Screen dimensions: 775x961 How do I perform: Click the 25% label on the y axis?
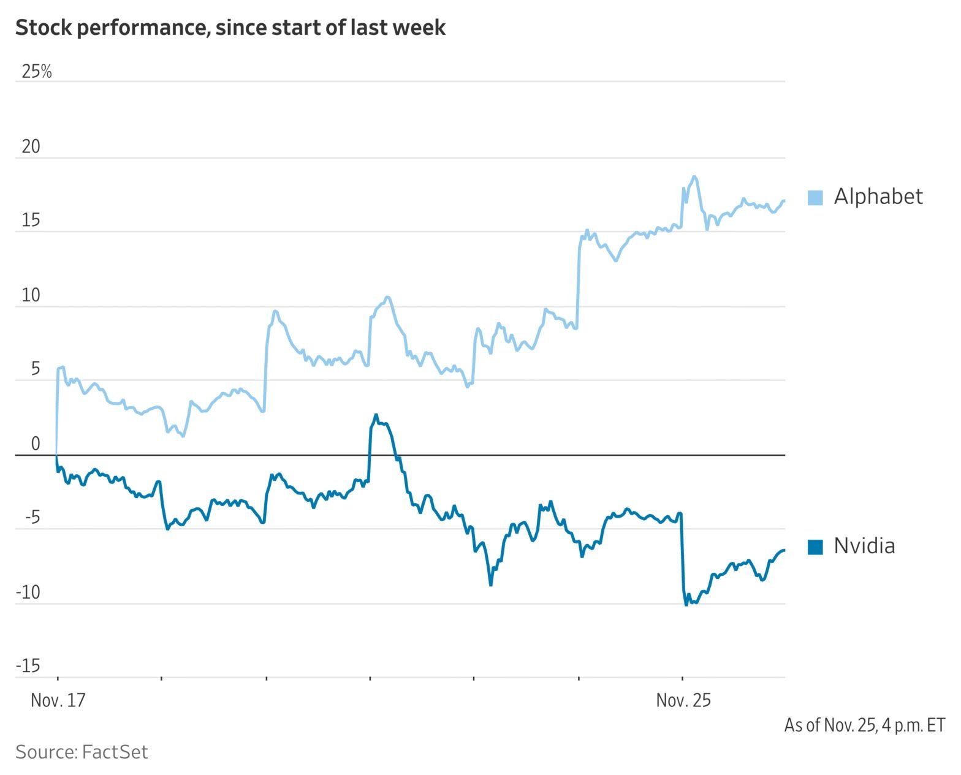(x=37, y=72)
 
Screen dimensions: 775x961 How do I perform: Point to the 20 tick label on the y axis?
(x=31, y=146)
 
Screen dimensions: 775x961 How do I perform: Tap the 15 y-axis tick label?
(x=31, y=221)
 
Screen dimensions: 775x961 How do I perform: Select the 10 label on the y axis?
(x=31, y=295)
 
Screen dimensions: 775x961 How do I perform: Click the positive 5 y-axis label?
(x=35, y=369)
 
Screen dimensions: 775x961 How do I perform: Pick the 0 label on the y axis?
(x=35, y=444)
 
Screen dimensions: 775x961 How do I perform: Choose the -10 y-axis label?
(x=28, y=592)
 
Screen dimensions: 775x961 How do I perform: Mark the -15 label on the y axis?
(x=28, y=666)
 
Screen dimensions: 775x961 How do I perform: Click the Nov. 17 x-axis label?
(x=58, y=700)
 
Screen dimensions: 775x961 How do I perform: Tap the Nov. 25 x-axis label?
(x=683, y=700)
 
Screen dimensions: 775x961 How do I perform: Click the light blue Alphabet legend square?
(x=815, y=197)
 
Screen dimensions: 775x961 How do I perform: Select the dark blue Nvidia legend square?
(x=815, y=546)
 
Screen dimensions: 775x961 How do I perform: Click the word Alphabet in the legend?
(x=878, y=197)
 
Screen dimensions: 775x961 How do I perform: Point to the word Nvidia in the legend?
(x=864, y=546)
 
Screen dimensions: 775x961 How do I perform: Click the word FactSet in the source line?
(x=115, y=752)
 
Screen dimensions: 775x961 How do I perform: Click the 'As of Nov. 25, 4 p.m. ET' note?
(x=864, y=725)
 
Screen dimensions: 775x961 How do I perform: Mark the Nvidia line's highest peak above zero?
(x=376, y=415)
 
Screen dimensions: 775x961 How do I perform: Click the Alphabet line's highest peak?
(x=694, y=177)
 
